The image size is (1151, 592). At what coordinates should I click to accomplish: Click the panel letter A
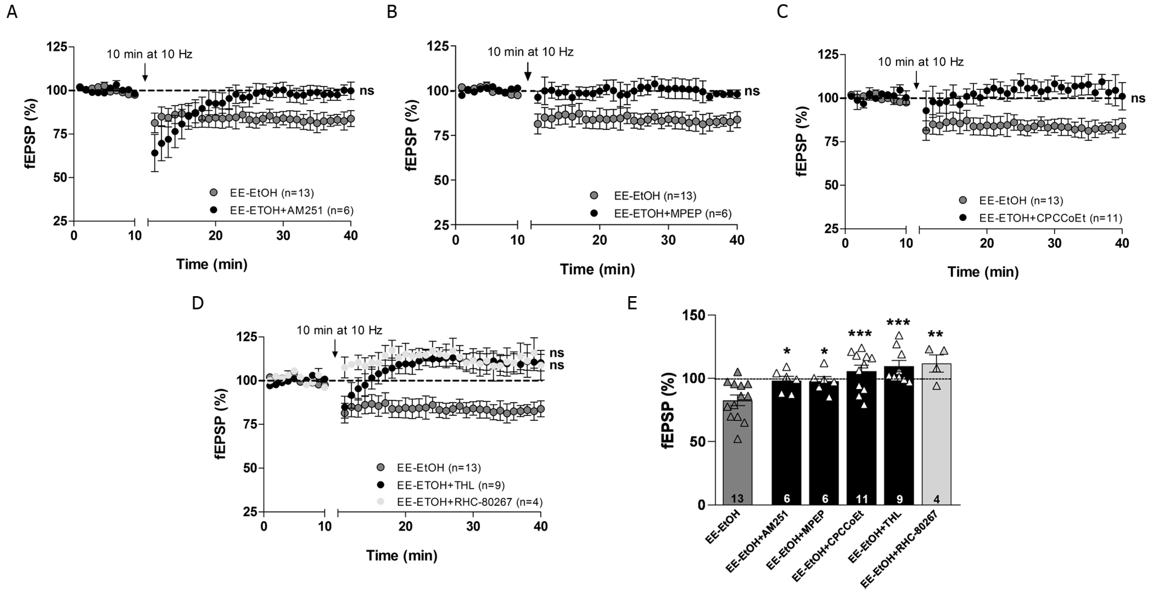coord(12,12)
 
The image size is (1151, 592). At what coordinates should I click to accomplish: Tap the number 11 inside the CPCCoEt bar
coord(861,499)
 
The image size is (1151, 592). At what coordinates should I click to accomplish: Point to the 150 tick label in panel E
coord(694,315)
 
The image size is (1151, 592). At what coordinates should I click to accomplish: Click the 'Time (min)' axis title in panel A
coord(212,264)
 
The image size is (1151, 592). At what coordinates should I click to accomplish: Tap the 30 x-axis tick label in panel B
coord(669,240)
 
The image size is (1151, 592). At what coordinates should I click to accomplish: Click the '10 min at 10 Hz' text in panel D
coord(339,330)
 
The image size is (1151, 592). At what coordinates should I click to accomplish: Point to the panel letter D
coord(198,303)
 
